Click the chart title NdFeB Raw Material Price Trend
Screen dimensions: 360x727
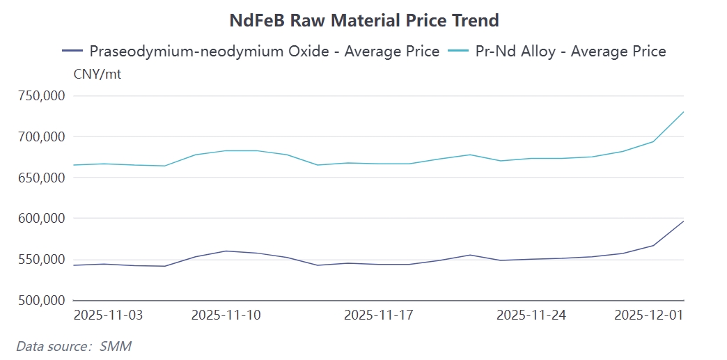364,20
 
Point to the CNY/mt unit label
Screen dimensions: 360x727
97,74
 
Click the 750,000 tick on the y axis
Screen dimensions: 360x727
40,95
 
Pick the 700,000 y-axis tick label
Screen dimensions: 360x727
40,136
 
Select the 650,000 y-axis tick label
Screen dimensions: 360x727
40,178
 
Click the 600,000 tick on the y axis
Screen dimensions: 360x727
40,219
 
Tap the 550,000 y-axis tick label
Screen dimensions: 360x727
40,260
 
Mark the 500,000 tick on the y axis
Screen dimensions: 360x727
40,301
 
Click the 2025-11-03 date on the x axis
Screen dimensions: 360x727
108,315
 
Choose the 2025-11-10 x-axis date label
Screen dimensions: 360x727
226,315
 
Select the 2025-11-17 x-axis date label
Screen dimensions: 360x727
379,315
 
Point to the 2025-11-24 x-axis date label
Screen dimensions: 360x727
531,315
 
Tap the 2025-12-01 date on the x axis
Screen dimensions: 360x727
649,315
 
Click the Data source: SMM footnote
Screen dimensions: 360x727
74,345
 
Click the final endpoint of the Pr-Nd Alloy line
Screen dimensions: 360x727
685,112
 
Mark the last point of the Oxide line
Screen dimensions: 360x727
685,221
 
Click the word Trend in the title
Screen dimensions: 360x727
476,20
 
